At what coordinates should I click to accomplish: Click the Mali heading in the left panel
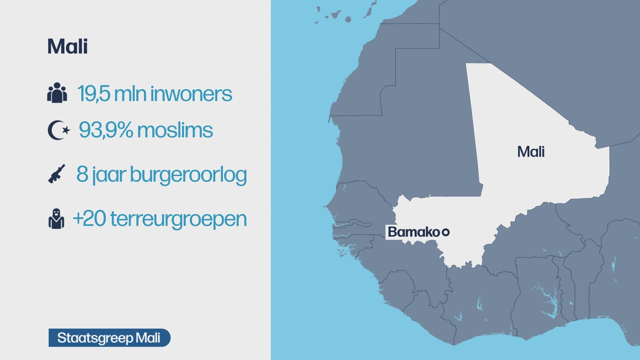[68, 47]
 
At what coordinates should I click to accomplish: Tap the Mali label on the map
[531, 152]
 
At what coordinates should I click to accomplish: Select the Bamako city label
[413, 232]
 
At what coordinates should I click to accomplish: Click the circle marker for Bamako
[445, 232]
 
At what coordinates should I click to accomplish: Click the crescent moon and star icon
[59, 130]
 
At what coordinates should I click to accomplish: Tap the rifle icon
[57, 174]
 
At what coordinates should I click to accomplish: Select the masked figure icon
[56, 219]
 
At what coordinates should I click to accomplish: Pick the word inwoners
[191, 94]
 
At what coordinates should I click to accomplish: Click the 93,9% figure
[106, 130]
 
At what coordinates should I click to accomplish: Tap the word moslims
[175, 130]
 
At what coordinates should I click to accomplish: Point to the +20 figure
[89, 219]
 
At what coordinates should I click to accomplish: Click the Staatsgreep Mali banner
[109, 338]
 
